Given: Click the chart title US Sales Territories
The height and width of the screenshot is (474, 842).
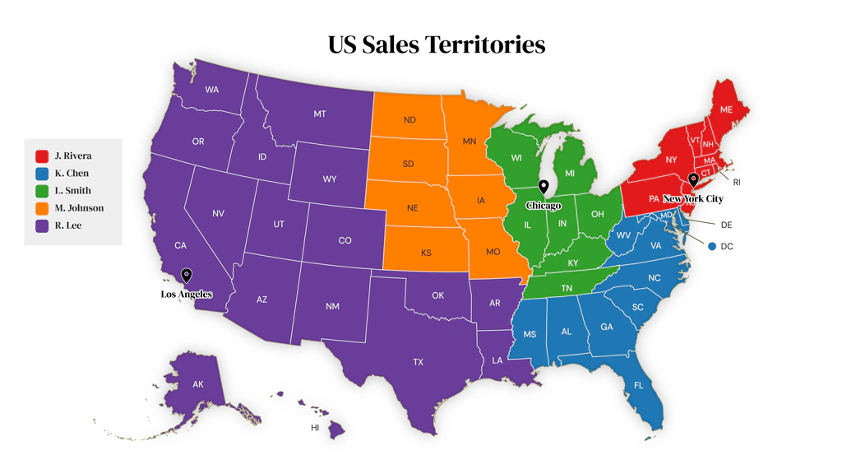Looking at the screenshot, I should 437,44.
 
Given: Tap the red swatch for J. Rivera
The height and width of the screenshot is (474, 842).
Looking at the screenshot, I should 41,156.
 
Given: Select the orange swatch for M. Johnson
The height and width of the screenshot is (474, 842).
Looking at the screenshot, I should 41,208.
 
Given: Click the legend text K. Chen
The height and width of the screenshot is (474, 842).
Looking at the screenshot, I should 72,174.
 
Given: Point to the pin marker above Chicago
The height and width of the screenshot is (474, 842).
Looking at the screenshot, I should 543,188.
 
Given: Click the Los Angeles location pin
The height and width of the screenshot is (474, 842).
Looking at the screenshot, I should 187,276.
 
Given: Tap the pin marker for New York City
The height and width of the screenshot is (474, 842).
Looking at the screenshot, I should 693,180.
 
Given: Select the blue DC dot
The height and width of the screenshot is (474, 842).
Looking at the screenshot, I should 712,246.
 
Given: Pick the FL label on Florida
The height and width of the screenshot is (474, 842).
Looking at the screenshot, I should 639,385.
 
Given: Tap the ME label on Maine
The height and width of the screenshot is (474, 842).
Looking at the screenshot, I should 726,109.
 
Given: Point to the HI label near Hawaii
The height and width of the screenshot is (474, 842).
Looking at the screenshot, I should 315,428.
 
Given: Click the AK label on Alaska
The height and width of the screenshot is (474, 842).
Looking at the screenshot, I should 198,384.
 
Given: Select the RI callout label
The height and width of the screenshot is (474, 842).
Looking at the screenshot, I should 737,182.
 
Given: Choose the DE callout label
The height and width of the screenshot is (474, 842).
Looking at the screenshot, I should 726,225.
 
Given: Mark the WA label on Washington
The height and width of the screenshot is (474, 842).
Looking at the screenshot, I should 211,90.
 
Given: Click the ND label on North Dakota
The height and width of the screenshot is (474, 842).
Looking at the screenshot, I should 409,120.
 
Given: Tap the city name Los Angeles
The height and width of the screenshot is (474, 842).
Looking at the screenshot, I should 187,295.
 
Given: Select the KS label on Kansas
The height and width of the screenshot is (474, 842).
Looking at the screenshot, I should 426,253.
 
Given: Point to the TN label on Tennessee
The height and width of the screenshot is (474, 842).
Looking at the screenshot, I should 567,288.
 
